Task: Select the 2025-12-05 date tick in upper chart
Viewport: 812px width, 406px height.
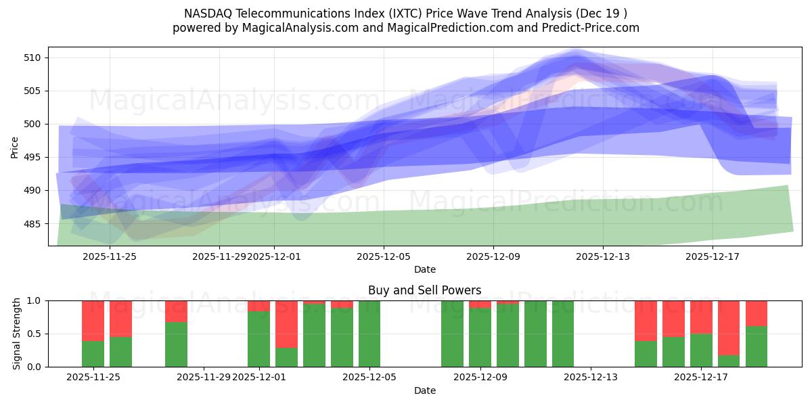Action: (x=384, y=256)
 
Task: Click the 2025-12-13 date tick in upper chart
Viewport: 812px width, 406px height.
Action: (x=603, y=256)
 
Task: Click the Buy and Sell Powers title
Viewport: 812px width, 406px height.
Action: (x=424, y=290)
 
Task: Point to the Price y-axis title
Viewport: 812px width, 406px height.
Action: (x=15, y=146)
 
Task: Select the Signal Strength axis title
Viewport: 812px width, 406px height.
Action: (x=17, y=334)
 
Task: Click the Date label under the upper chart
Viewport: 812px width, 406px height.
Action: (x=424, y=269)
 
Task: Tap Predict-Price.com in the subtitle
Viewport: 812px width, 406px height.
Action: (x=593, y=28)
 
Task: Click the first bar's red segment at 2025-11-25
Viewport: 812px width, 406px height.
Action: (x=93, y=320)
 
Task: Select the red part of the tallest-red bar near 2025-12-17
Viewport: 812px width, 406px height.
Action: (x=729, y=328)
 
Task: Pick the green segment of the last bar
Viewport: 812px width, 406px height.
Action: (x=757, y=346)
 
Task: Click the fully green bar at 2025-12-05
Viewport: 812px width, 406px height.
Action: (x=369, y=334)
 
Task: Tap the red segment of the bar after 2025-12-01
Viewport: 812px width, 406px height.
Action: (x=286, y=323)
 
